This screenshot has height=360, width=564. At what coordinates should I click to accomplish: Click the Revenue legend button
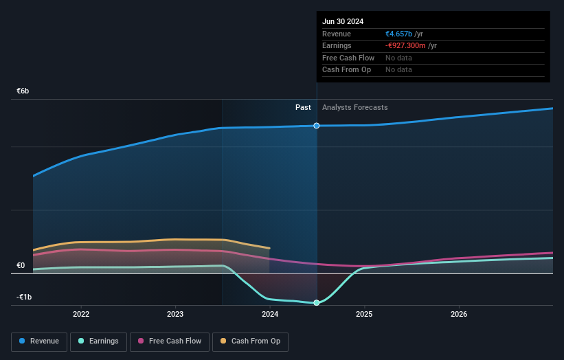click(39, 341)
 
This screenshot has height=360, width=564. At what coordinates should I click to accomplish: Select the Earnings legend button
click(98, 341)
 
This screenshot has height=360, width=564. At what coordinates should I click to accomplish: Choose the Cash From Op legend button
click(250, 341)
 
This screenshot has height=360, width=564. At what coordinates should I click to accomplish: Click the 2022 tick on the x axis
click(81, 314)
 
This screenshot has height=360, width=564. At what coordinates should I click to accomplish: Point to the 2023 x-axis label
click(175, 314)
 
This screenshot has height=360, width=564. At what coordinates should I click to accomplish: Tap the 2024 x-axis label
click(270, 314)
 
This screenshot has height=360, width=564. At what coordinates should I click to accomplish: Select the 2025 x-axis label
click(364, 314)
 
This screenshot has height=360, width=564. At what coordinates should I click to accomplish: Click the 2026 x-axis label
click(459, 314)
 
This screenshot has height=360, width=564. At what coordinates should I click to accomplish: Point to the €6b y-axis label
click(23, 91)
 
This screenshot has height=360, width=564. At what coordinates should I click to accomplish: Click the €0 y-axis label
click(21, 265)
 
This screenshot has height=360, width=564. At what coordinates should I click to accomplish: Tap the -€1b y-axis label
click(25, 297)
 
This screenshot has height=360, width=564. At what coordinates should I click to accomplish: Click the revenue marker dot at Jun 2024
click(317, 126)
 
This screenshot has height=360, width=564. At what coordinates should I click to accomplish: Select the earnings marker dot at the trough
click(317, 302)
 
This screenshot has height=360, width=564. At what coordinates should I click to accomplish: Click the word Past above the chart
click(303, 107)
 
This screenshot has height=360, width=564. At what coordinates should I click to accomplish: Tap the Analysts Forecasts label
click(354, 107)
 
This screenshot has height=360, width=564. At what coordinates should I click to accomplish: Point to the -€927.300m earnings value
click(405, 45)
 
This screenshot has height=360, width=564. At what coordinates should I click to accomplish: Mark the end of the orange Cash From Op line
click(270, 248)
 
